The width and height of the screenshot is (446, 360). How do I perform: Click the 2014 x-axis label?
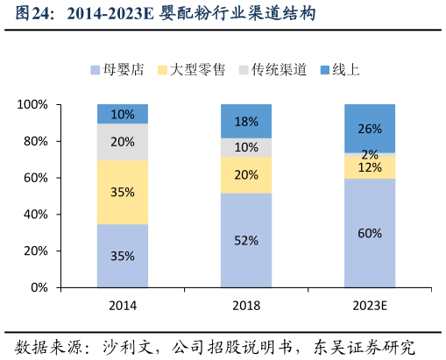pos(123,306)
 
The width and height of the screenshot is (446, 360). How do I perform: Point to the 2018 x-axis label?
pos(246,306)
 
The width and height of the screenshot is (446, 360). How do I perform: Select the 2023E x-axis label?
pos(369,306)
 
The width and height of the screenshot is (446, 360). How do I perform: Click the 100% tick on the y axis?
pos(33,105)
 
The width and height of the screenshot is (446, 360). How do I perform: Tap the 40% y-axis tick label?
pos(37,215)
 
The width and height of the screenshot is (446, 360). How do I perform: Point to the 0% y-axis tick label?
pos(40,287)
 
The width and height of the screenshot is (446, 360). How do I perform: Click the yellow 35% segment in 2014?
pos(123,193)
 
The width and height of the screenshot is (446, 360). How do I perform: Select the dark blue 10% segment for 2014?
pos(123,114)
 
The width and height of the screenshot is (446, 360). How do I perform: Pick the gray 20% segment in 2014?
pos(123,142)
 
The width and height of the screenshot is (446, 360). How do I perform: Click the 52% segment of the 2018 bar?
pos(246,240)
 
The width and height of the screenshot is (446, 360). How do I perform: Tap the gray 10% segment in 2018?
pos(246,147)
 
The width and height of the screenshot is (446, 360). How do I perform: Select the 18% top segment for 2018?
pos(246,122)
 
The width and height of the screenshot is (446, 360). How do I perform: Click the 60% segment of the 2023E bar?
pos(369,233)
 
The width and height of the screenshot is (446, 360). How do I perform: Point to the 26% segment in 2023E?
pos(369,129)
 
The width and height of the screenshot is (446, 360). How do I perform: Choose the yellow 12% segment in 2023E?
pos(369,167)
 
